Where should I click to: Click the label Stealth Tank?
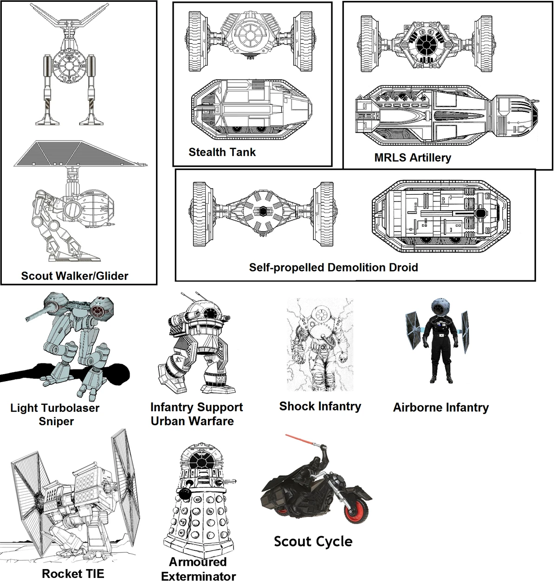pos(222,152)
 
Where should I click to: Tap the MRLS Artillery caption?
pos(413,158)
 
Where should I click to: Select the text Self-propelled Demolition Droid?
pos(333,267)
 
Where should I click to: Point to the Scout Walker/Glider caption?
pos(75,276)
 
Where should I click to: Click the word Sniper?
pos(56,422)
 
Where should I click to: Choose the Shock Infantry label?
pos(320,407)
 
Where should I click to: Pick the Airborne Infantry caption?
pos(441,408)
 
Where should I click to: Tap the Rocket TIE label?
pos(73,574)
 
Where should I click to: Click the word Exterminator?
pos(198,577)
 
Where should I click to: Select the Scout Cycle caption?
pos(313,542)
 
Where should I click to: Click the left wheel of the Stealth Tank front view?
pos(198,41)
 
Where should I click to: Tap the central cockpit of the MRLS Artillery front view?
pos(424,45)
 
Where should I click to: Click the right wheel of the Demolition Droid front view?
pos(324,214)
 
